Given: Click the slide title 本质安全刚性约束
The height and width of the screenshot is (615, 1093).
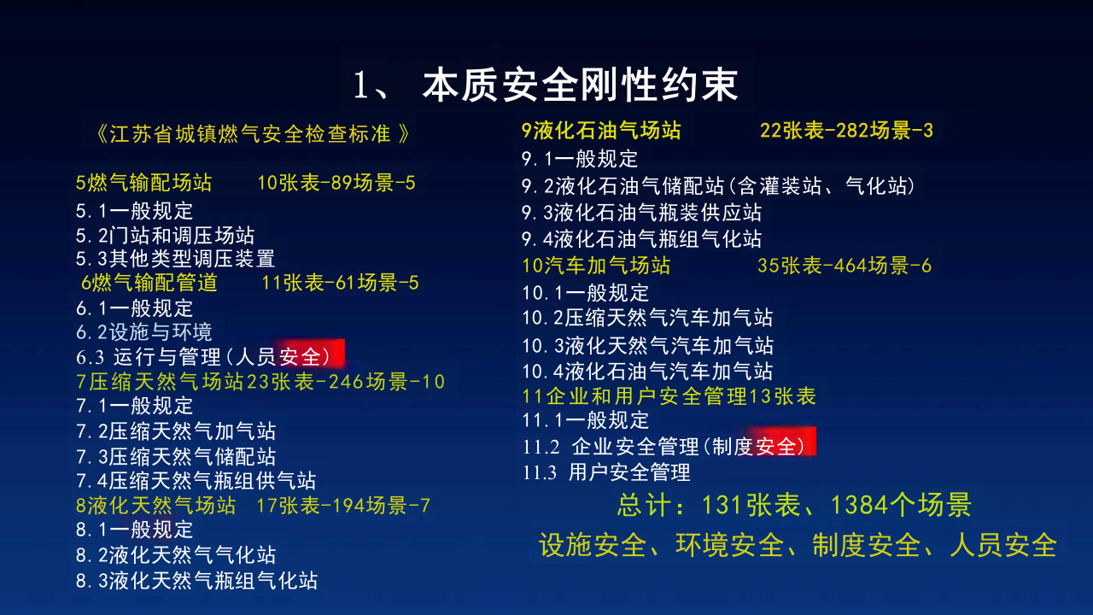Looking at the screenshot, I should click(x=581, y=85).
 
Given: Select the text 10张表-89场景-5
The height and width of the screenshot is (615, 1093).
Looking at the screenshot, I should click(x=336, y=182).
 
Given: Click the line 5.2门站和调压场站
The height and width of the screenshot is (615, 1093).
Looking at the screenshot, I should click(x=165, y=235).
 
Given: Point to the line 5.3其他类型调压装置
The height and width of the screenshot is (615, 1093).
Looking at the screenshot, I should click(x=175, y=257).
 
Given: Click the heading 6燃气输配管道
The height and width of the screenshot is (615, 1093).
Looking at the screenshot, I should click(x=149, y=282).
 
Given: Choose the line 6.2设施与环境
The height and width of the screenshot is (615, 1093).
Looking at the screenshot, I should click(x=143, y=331).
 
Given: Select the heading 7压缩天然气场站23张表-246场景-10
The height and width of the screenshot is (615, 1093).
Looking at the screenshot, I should click(x=260, y=381).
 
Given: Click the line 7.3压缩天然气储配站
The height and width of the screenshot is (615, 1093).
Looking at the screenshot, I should click(x=175, y=456).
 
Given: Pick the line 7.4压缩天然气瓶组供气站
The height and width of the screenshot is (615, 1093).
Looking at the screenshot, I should click(x=196, y=480).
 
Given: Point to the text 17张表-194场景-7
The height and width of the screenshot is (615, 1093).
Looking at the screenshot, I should click(x=343, y=505).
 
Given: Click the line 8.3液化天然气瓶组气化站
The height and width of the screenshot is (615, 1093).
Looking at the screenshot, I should click(x=196, y=580).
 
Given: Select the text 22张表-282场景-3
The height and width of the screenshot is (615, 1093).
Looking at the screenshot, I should click(x=846, y=131).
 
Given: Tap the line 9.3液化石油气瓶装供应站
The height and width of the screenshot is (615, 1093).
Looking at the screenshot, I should click(x=641, y=212).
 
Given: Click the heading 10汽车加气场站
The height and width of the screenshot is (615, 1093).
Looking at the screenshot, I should click(x=596, y=265).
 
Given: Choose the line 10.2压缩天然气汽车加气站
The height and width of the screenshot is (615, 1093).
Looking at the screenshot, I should click(x=647, y=318).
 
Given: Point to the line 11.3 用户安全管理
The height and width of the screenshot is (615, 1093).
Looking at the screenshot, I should click(x=606, y=471).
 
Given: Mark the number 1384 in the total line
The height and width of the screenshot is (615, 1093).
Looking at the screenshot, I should click(x=860, y=505).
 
